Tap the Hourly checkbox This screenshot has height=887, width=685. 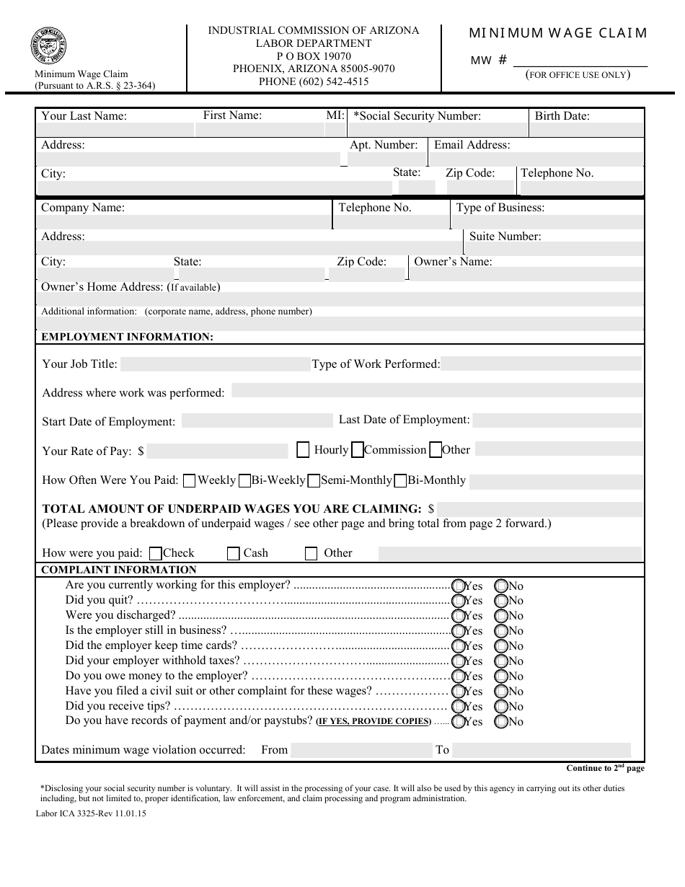click(304, 450)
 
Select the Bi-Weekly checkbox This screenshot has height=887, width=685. click(244, 480)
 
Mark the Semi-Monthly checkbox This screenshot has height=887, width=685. click(314, 480)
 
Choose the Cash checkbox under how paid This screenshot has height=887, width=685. click(233, 554)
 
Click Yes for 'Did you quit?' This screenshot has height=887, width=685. click(458, 601)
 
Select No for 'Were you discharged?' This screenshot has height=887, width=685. click(502, 616)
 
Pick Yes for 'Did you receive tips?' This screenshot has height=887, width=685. click(458, 707)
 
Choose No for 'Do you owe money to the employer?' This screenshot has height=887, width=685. click(502, 676)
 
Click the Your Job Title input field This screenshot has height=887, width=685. click(214, 364)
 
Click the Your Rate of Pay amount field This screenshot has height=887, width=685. click(217, 451)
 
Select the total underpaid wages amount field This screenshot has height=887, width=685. click(539, 508)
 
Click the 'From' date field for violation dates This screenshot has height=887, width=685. click(361, 750)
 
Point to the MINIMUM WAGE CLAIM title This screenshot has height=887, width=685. click(558, 33)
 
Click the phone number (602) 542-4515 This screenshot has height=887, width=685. click(314, 81)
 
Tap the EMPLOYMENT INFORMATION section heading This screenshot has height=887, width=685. click(127, 337)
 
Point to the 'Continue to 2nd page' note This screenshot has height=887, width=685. click(605, 769)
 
